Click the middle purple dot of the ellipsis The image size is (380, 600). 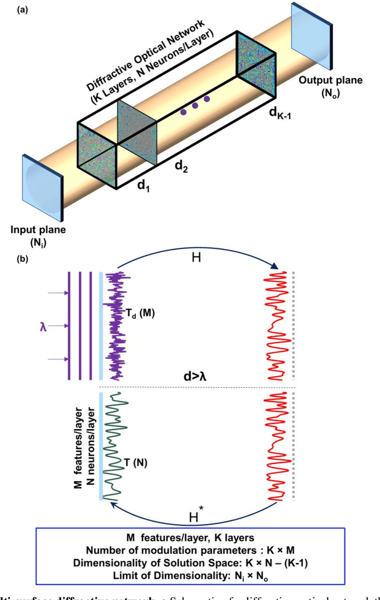(197, 105)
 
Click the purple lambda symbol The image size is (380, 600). (43, 326)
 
